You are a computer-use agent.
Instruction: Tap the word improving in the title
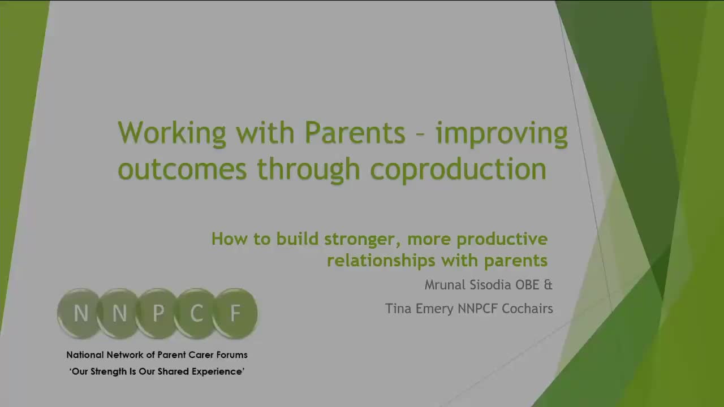pyautogui.click(x=501, y=133)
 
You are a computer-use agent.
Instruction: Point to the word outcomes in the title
pyautogui.click(x=182, y=169)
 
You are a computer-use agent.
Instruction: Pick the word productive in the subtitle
pyautogui.click(x=502, y=239)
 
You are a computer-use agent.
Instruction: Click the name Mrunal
pyautogui.click(x=446, y=285)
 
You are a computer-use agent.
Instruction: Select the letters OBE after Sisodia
pyautogui.click(x=527, y=285)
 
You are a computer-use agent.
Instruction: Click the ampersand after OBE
pyautogui.click(x=548, y=285)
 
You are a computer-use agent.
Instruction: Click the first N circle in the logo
pyautogui.click(x=81, y=313)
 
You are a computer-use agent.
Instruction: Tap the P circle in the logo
pyautogui.click(x=158, y=313)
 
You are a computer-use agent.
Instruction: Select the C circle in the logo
pyautogui.click(x=196, y=313)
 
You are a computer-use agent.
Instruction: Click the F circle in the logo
pyautogui.click(x=235, y=313)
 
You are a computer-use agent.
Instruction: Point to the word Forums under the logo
pyautogui.click(x=232, y=355)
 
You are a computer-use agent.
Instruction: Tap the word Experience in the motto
pyautogui.click(x=219, y=372)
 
